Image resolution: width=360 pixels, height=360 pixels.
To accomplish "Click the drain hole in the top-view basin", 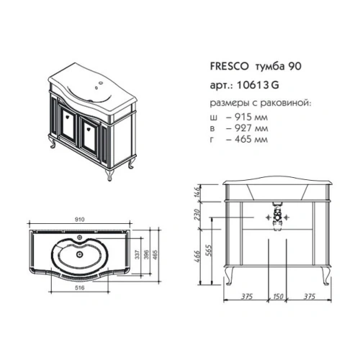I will (x=78, y=253).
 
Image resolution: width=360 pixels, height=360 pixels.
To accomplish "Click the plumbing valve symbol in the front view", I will (x=277, y=216).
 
